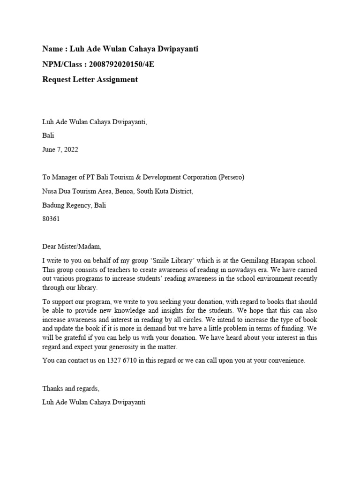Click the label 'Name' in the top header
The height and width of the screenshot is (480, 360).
coord(52,49)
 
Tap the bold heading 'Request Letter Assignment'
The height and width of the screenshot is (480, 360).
coord(90,80)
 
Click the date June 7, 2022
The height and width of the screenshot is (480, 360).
coord(60,150)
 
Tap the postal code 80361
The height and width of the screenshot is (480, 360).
coord(51,219)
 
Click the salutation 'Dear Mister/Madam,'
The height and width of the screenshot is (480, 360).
coord(72,247)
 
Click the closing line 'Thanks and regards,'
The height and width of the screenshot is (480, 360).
coord(71,389)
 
